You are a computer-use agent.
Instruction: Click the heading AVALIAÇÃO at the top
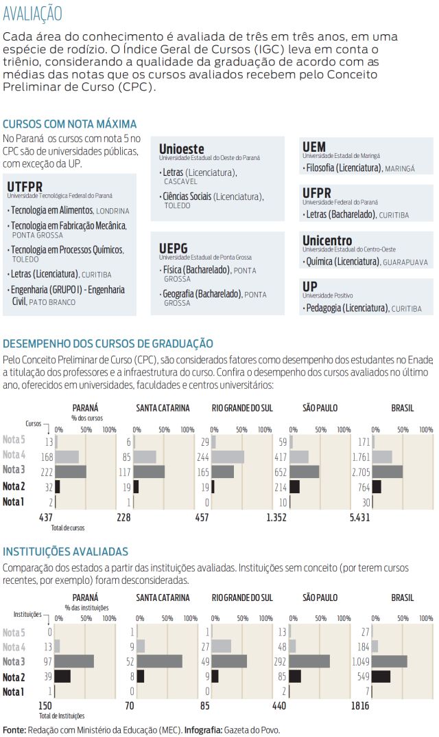pos(32,13)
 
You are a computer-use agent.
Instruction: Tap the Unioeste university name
pos(182,148)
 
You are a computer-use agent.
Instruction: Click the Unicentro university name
pos(327,240)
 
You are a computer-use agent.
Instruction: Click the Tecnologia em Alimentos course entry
pos(52,210)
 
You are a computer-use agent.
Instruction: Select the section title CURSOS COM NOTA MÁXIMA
pos(69,124)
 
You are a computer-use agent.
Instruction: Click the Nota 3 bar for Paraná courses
pos(71,472)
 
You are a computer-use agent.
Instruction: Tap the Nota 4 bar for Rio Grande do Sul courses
pos(228,457)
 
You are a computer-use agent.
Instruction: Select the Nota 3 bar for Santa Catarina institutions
pos(159,661)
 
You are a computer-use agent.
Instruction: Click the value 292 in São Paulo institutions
pos(280,661)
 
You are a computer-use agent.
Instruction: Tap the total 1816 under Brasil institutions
pos(359,706)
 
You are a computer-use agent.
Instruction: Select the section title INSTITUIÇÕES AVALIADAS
pos(65,552)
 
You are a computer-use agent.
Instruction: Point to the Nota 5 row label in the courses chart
pos(14,440)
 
